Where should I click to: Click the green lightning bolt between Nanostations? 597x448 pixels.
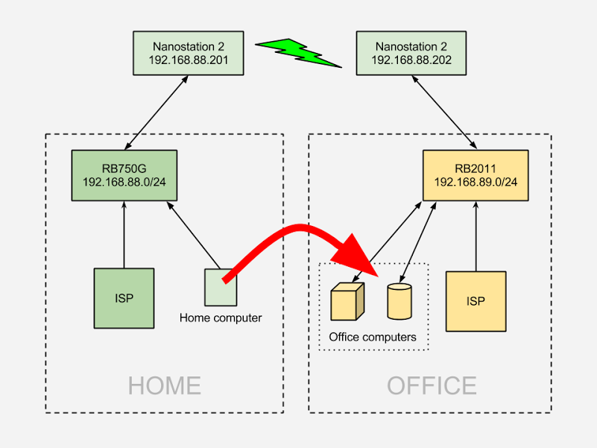pyautogui.click(x=298, y=52)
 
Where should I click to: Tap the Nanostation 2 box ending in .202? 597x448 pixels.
pyautogui.click(x=401, y=53)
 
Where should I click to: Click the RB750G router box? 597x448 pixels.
pyautogui.click(x=124, y=175)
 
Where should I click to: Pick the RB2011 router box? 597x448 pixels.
pyautogui.click(x=476, y=175)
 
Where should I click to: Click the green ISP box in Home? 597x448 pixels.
pyautogui.click(x=124, y=298)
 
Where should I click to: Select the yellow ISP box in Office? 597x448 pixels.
pyautogui.click(x=476, y=301)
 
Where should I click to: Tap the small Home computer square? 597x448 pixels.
pyautogui.click(x=221, y=287)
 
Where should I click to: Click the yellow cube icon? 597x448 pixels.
pyautogui.click(x=347, y=301)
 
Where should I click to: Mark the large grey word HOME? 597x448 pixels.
pyautogui.click(x=164, y=385)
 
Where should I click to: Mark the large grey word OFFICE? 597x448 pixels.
pyautogui.click(x=432, y=385)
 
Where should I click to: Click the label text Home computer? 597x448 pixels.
pyautogui.click(x=221, y=318)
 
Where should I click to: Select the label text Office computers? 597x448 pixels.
pyautogui.click(x=373, y=337)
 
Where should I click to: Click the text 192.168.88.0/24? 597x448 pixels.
pyautogui.click(x=124, y=182)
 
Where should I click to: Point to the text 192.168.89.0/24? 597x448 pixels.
pyautogui.click(x=476, y=182)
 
